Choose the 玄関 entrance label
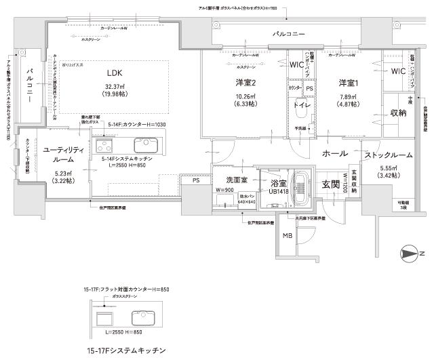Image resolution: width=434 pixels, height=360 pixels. tap(331, 184)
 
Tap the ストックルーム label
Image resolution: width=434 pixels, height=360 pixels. tap(389, 155)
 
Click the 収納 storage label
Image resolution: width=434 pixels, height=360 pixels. tap(398, 113)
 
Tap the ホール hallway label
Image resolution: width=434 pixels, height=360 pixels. tap(335, 154)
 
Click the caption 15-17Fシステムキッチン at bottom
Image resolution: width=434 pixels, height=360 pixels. tap(126, 351)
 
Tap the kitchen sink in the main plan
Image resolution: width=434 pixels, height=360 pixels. tap(146, 144)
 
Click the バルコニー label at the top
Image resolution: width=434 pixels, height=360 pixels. tap(289, 33)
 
